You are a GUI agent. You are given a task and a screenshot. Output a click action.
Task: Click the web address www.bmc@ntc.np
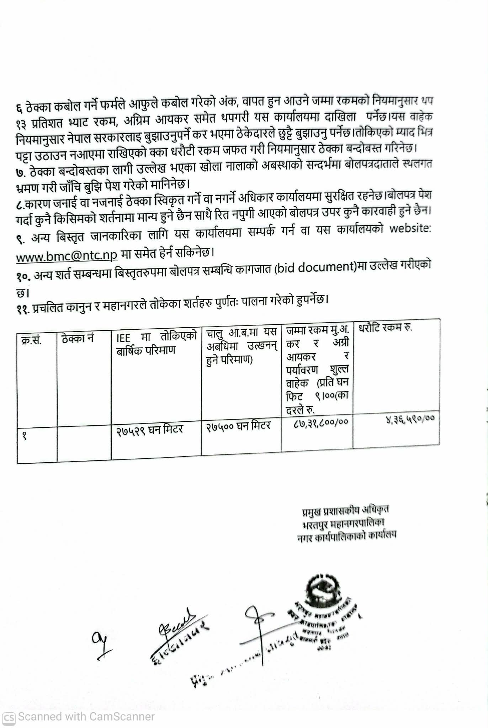(67, 256)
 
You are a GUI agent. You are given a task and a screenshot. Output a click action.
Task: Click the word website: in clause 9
(410, 228)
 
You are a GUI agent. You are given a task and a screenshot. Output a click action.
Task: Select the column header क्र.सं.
(31, 340)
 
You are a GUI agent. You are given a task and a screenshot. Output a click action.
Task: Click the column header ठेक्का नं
(77, 338)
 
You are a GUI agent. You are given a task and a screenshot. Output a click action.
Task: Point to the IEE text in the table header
(123, 338)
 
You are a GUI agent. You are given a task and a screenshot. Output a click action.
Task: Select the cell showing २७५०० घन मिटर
(239, 426)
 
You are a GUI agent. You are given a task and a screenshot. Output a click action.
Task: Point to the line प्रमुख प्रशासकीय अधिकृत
(345, 510)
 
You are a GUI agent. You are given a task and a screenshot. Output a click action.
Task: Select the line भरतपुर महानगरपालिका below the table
(343, 523)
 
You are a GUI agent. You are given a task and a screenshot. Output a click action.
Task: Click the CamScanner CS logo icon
(9, 718)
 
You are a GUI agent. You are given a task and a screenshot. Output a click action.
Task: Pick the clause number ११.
(22, 309)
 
